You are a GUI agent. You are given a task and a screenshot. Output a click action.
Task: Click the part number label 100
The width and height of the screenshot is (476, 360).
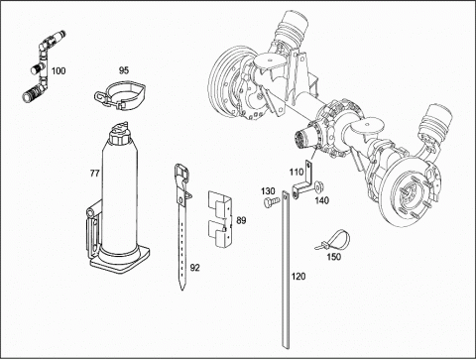tap(59, 70)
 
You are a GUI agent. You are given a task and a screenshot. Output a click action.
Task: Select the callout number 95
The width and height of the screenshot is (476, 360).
tap(124, 70)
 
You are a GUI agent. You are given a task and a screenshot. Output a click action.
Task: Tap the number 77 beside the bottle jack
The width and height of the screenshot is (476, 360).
tap(94, 174)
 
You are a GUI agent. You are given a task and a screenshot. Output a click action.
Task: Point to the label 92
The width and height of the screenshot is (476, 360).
tap(195, 268)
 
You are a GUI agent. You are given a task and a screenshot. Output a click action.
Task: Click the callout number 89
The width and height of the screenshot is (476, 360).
tap(241, 220)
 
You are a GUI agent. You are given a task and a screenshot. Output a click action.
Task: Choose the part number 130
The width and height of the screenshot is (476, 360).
tap(268, 191)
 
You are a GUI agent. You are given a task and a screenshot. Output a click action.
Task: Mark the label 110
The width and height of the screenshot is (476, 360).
tap(297, 172)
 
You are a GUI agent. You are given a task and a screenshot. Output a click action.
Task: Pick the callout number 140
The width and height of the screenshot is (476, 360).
tap(321, 200)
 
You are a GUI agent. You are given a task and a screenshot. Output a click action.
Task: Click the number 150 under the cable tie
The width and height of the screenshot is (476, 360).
tap(333, 257)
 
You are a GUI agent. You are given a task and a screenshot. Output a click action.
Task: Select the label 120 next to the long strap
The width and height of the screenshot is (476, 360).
tap(298, 276)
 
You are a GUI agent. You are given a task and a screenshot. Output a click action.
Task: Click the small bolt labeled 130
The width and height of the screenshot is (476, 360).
tap(268, 202)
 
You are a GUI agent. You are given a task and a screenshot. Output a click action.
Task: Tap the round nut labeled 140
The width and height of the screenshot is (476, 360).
tap(319, 187)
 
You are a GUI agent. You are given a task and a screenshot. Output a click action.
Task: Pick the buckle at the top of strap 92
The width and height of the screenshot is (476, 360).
tap(182, 172)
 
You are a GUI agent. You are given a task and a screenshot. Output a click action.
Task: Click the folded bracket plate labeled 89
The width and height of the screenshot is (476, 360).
tap(220, 218)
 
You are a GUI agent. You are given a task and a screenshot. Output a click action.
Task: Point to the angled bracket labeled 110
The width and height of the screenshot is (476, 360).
tap(305, 183)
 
